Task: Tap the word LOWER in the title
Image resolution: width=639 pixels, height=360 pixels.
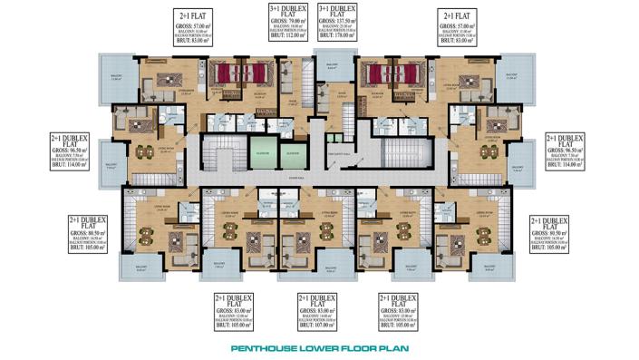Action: [321, 346]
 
